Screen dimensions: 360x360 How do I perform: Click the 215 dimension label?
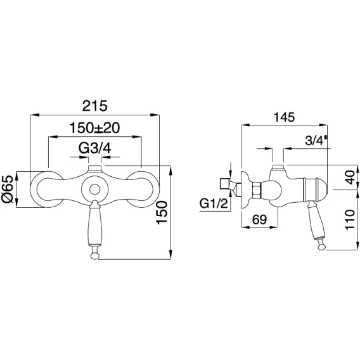pyautogui.click(x=95, y=106)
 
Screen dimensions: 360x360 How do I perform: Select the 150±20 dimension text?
pyautogui.click(x=94, y=128)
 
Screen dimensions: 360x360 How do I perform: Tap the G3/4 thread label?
pyautogui.click(x=95, y=148)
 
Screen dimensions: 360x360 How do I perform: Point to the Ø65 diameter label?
pyautogui.click(x=8, y=189)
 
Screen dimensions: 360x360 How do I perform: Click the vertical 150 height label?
pyautogui.click(x=162, y=212)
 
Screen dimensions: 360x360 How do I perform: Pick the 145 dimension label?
pyautogui.click(x=284, y=117)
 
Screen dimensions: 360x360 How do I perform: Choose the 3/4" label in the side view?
pyautogui.click(x=316, y=140)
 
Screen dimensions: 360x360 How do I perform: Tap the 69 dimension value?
pyautogui.click(x=259, y=219)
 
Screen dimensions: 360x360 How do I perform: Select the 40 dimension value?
pyautogui.click(x=350, y=177)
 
